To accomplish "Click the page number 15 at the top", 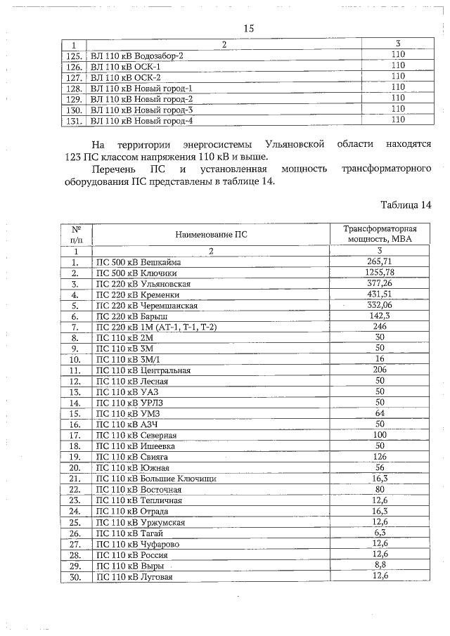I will [248, 29].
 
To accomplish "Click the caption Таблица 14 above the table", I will [405, 205].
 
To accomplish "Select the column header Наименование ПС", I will [211, 235].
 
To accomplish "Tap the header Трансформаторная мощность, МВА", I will [380, 235].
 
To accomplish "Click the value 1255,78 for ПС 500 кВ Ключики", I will [380, 273].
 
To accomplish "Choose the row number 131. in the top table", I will [74, 121].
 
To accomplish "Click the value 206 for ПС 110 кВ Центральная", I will [380, 368].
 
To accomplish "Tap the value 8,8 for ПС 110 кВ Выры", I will [380, 565].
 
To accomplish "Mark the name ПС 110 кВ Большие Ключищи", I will [155, 479].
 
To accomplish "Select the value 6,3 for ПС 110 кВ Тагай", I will [380, 532].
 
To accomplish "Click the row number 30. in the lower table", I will [74, 577].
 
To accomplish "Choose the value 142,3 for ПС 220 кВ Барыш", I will [380, 316].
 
